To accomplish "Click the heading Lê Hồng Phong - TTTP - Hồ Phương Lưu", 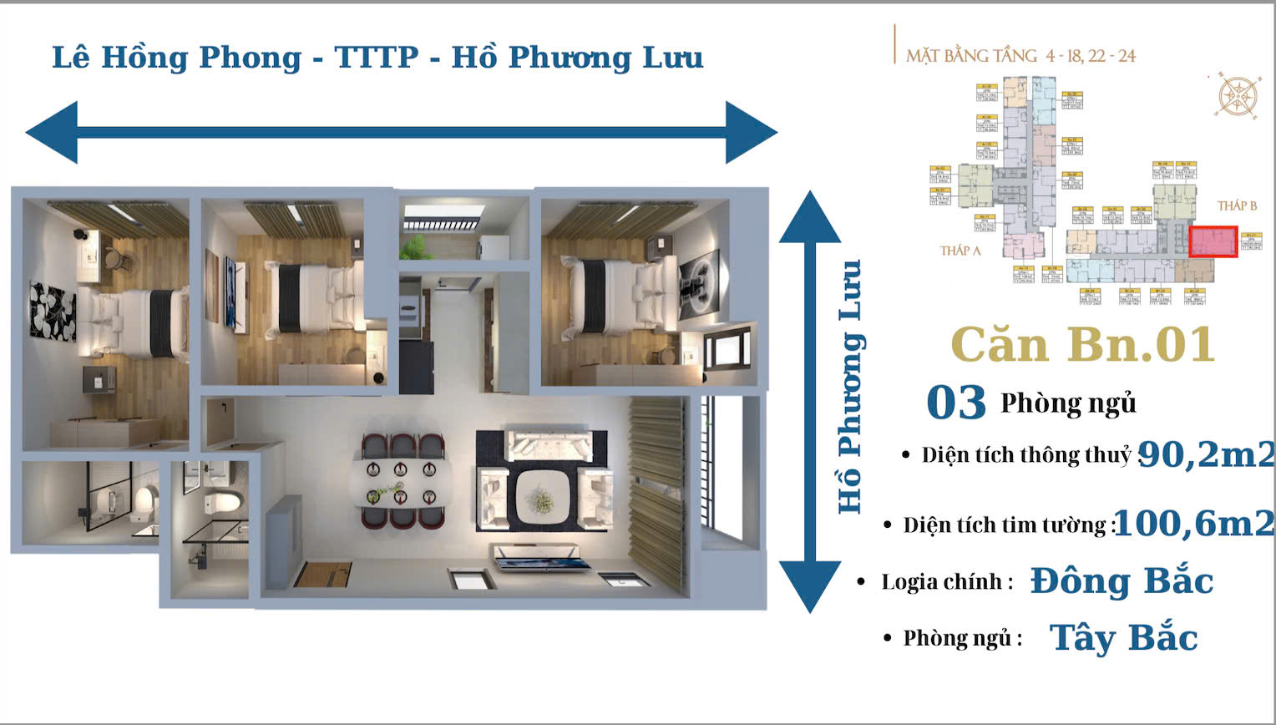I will [x=377, y=58].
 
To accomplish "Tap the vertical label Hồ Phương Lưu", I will [x=850, y=386].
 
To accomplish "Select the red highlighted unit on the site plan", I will [x=1213, y=241].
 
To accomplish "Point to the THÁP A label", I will [x=960, y=251].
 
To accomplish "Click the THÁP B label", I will [x=1236, y=205].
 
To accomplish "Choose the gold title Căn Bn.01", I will [x=1082, y=344].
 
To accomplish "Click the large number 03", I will [x=956, y=403].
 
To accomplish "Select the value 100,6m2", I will [x=1194, y=524].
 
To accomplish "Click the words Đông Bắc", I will [x=1122, y=581].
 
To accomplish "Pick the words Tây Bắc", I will [x=1123, y=638].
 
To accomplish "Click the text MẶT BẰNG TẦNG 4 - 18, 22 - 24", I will [x=1020, y=56].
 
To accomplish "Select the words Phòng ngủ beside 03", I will [x=1068, y=403].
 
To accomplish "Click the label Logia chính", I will [x=947, y=582].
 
